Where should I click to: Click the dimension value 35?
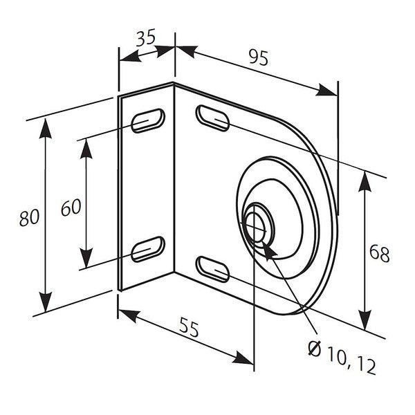point(145,39)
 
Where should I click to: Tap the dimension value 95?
point(258,59)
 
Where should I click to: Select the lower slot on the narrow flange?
point(148,248)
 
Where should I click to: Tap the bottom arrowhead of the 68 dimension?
point(364,326)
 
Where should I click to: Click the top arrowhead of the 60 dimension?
point(85,142)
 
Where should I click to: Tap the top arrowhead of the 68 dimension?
point(364,174)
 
